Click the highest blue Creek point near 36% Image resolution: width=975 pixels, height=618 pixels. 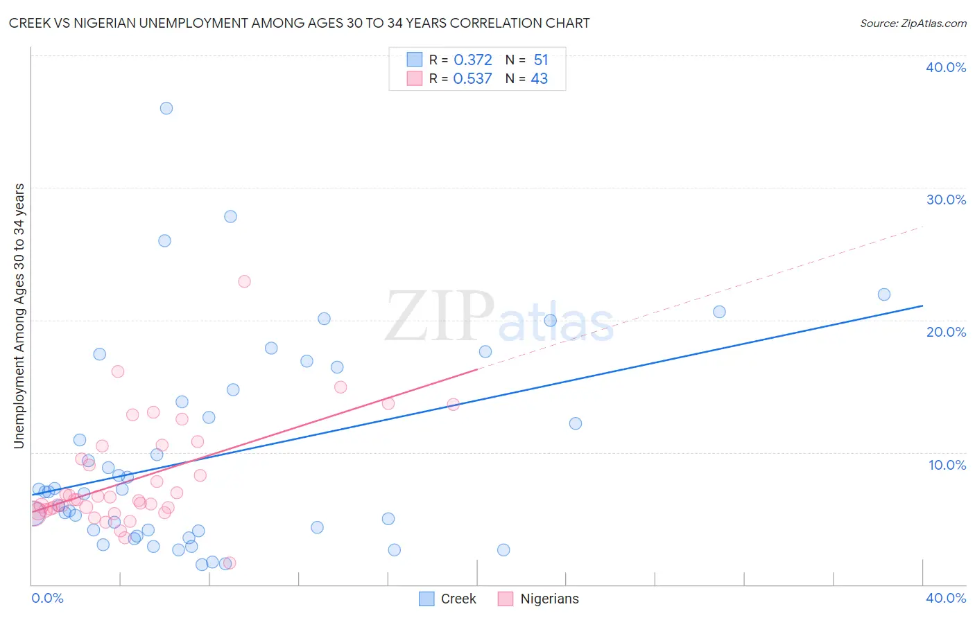coord(166,108)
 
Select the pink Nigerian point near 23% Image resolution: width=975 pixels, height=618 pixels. coord(244,281)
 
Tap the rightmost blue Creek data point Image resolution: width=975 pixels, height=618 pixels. coord(884,294)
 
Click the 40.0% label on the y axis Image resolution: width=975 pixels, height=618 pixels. coord(946,67)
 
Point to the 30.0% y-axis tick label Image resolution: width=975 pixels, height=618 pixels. coord(946,200)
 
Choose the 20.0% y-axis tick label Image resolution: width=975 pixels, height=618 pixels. coord(946,332)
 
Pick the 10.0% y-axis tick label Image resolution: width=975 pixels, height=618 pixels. coord(947,465)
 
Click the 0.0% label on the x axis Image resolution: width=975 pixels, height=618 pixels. coord(47,598)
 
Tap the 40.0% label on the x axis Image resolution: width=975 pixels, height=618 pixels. coord(946,598)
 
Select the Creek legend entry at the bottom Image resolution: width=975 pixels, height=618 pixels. coord(449,599)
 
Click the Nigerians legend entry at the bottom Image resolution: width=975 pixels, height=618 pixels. coord(539,599)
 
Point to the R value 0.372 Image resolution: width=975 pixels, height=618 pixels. coord(473,60)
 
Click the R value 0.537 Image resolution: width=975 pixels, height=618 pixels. coord(472,79)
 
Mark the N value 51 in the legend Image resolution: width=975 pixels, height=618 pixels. coord(541,60)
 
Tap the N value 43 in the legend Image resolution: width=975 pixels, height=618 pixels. coord(540,79)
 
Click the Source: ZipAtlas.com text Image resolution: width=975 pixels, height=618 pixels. coord(913,24)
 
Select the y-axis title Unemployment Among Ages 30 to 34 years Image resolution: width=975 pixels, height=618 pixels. coord(19,316)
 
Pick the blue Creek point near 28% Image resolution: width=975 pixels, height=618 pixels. coord(231,216)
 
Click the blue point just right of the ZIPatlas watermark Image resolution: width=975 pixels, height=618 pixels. coord(551,320)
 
